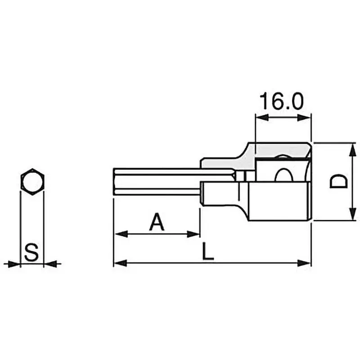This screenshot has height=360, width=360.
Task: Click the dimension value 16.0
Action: point(282,102)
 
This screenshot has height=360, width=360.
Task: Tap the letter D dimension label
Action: point(338,182)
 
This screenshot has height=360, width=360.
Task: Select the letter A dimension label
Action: point(156,222)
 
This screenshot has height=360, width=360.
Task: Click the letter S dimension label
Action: point(31,252)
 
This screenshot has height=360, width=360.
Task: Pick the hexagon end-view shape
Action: point(32,182)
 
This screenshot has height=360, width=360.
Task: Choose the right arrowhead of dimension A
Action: point(194,234)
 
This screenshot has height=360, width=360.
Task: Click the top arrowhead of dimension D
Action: point(351,149)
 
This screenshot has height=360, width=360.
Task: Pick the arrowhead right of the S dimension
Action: point(50,264)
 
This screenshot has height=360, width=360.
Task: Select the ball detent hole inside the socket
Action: point(283,175)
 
